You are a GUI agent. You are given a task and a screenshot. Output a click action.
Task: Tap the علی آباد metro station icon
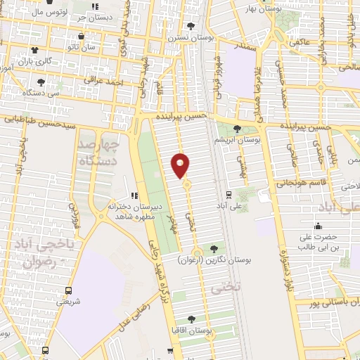tap(229, 195)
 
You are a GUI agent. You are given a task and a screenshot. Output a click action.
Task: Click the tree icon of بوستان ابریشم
tap(236, 128)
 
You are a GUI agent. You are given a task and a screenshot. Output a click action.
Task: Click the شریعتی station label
tap(68, 301)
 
